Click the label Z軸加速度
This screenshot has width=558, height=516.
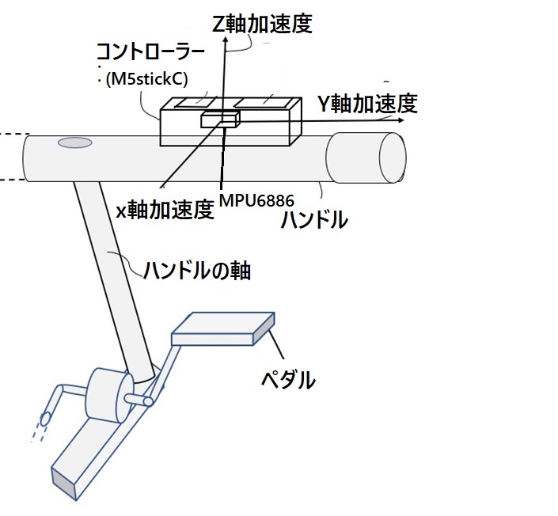click(263, 23)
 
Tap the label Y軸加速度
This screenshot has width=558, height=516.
click(366, 103)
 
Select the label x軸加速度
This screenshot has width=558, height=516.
click(165, 210)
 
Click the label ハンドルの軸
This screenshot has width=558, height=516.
click(197, 271)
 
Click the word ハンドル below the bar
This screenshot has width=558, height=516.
click(314, 220)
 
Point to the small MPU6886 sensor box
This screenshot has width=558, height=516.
click(219, 120)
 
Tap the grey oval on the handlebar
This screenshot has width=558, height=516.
click(74, 143)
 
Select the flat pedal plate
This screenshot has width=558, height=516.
click(223, 329)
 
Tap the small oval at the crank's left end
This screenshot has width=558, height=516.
click(46, 417)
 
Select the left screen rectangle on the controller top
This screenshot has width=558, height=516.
click(193, 102)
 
